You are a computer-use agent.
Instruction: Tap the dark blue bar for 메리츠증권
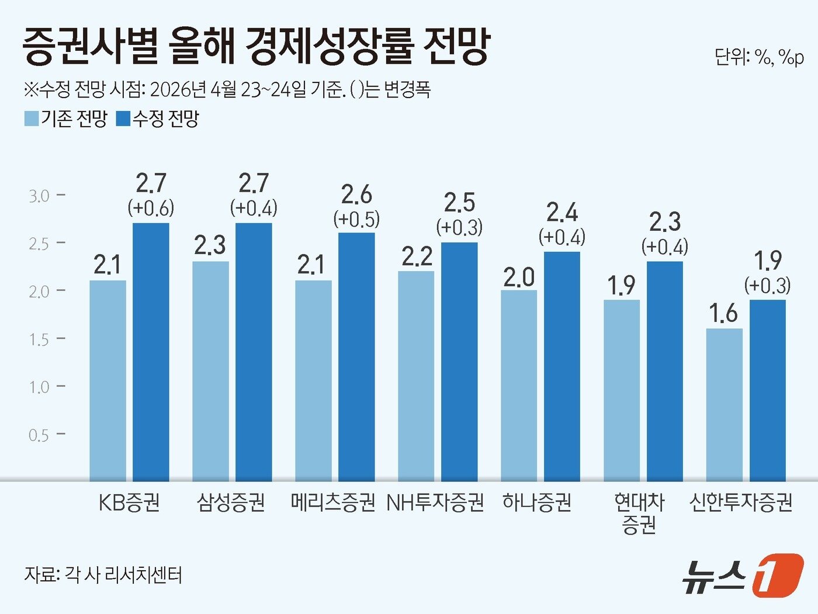click(356, 356)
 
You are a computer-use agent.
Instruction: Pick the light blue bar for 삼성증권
click(210, 371)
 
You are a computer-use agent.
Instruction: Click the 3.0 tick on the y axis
click(39, 196)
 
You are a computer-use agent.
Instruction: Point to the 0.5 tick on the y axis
click(39, 435)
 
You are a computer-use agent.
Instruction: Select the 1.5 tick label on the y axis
click(39, 339)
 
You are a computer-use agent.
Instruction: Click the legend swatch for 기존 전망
click(32, 119)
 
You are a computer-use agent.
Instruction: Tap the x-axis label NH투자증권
click(435, 502)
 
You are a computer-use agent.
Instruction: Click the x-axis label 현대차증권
click(639, 513)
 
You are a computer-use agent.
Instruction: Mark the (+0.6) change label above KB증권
click(151, 208)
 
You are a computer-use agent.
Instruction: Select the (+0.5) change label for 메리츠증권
click(356, 219)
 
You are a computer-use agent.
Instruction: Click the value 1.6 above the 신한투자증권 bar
click(723, 314)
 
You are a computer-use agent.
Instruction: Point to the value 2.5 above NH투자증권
click(459, 203)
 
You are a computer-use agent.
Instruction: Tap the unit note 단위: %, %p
click(759, 57)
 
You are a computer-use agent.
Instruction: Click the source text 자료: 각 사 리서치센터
click(103, 575)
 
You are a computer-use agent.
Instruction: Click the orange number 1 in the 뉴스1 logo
click(777, 575)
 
